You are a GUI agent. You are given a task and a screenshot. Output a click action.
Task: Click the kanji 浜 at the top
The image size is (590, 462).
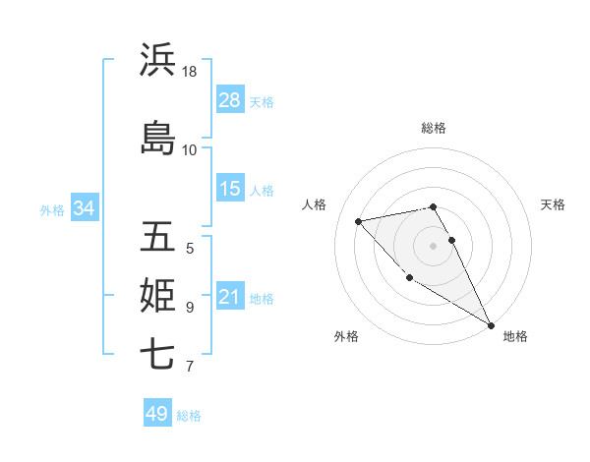click(x=157, y=61)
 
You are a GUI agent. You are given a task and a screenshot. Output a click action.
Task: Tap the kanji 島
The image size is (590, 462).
click(x=157, y=138)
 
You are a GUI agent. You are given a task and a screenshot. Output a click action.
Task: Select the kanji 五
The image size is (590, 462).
click(x=157, y=237)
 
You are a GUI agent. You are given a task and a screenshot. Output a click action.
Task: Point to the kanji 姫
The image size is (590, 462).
click(x=157, y=296)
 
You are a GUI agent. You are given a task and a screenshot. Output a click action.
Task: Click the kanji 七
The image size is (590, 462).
click(x=157, y=355)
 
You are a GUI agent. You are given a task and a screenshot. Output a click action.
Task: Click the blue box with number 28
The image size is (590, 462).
click(x=230, y=100)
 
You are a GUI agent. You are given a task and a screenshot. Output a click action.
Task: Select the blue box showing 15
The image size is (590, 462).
click(x=230, y=189)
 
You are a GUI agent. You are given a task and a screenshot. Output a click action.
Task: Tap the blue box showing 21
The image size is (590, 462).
click(x=230, y=298)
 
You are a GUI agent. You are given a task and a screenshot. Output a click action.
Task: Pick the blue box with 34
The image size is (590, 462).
click(x=84, y=207)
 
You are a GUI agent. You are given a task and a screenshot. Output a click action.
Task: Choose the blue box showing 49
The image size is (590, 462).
click(x=157, y=414)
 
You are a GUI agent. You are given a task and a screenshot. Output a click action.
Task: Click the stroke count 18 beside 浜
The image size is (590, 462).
click(x=190, y=72)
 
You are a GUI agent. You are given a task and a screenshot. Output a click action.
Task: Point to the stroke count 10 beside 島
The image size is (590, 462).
click(x=190, y=149)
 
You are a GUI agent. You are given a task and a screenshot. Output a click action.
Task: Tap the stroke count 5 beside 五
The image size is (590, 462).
click(x=190, y=248)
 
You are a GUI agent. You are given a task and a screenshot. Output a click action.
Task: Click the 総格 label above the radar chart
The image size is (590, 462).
click(x=434, y=128)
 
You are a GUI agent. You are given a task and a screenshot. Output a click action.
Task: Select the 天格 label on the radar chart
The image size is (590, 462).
click(x=553, y=204)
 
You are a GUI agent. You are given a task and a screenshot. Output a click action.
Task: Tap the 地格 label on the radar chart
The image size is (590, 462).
click(x=515, y=336)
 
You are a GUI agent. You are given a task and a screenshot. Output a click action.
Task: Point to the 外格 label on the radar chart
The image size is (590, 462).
click(x=346, y=336)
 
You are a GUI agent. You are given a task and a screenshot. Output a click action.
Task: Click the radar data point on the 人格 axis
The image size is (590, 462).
click(x=359, y=221)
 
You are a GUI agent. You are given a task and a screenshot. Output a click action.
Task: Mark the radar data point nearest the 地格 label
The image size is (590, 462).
click(x=492, y=325)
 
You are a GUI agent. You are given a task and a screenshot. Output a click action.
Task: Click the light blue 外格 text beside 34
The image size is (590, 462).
click(x=51, y=208)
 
